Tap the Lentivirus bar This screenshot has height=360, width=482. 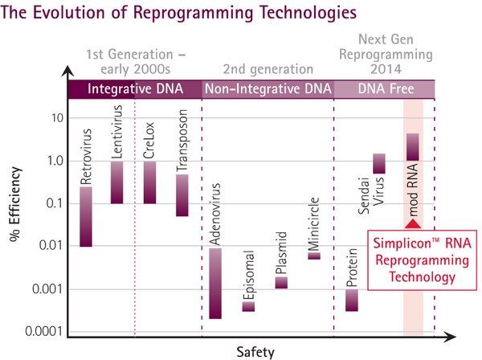[116, 182]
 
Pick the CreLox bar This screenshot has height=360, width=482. [149, 182]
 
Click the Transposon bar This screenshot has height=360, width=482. [182, 195]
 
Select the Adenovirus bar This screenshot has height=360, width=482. [214, 283]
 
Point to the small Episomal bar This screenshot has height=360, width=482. [248, 306]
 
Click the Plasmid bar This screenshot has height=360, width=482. [281, 282]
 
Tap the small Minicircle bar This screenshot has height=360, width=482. [314, 256]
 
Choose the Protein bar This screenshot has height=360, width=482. [352, 300]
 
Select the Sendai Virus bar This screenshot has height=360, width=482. [379, 163]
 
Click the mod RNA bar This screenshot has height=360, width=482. [413, 147]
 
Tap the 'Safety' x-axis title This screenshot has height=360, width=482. [255, 351]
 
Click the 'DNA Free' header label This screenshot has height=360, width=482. [384, 88]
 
